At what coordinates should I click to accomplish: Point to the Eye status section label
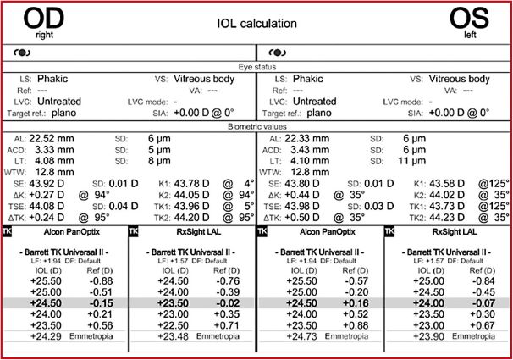click(x=256, y=66)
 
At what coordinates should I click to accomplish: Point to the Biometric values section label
click(x=256, y=126)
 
